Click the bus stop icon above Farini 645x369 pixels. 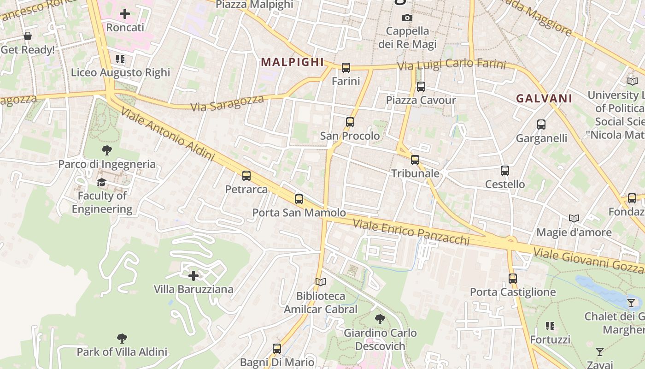[x=346, y=68]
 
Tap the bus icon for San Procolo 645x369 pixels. [x=350, y=122]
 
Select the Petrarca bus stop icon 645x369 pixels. [x=246, y=176]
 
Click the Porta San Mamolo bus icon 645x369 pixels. [x=299, y=199]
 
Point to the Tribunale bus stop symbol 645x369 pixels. [x=415, y=160]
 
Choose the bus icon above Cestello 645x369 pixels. [x=505, y=171]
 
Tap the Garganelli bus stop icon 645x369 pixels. [x=541, y=125]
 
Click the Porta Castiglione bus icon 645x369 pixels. [x=513, y=279]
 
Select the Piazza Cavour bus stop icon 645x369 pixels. [x=421, y=87]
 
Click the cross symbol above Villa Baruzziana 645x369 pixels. [x=193, y=276]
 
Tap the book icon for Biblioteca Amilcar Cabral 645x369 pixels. [x=321, y=282]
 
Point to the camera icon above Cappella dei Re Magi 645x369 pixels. [x=407, y=18]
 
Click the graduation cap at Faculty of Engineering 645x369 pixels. [x=101, y=183]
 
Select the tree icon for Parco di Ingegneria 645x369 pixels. [x=107, y=150]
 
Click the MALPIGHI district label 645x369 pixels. [x=293, y=62]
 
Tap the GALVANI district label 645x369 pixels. [x=544, y=98]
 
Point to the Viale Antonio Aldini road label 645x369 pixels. [x=169, y=134]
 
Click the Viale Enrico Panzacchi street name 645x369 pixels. [x=411, y=232]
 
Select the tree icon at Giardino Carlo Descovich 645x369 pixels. [x=380, y=319]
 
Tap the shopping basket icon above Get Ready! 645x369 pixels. [x=28, y=36]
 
